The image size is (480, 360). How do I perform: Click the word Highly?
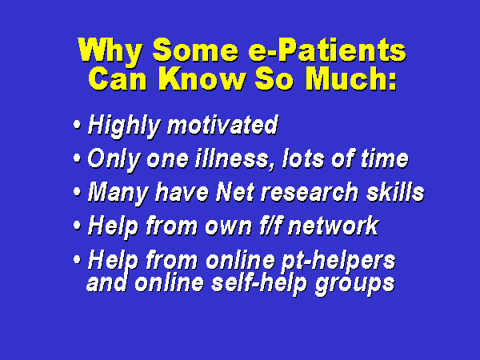click(x=124, y=126)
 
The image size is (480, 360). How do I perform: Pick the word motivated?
click(x=222, y=126)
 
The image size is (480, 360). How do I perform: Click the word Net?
click(x=234, y=193)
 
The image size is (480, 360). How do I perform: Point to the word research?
click(x=309, y=193)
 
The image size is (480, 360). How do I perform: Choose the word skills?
click(x=395, y=192)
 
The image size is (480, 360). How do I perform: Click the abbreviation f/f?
click(x=270, y=226)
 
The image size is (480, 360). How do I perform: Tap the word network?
click(x=334, y=226)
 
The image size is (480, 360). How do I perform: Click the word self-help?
click(x=259, y=283)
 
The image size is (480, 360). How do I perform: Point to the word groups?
click(x=354, y=285)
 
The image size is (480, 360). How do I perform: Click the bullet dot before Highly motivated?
click(x=77, y=125)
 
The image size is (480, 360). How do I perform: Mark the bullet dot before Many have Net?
click(x=77, y=192)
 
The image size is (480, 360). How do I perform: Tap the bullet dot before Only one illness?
click(x=77, y=158)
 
